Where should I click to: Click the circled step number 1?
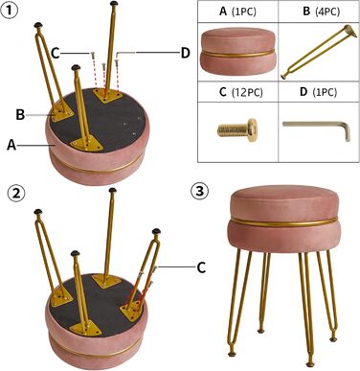click(10, 11)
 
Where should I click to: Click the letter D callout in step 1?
click(186, 53)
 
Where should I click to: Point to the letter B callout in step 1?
click(20, 114)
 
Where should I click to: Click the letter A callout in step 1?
click(11, 146)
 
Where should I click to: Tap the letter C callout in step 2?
click(201, 267)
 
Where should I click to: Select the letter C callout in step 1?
click(56, 54)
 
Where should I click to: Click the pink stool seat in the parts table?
click(237, 51)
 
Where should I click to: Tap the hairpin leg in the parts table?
click(319, 51)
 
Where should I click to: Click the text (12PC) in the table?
click(247, 92)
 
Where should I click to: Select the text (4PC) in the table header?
click(327, 12)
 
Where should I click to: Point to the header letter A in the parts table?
click(223, 12)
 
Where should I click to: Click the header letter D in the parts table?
click(304, 92)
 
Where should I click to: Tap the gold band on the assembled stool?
click(283, 222)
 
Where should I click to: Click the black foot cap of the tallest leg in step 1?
click(114, 4)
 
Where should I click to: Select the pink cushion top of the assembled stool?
click(283, 201)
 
